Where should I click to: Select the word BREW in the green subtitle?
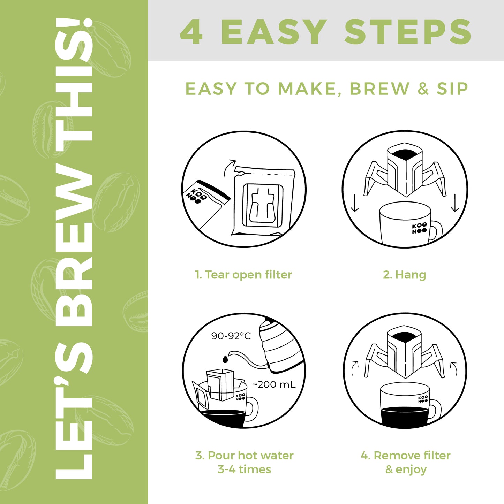379,89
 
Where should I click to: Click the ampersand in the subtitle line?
423,89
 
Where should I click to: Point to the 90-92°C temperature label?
231,336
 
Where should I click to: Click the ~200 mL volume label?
274,384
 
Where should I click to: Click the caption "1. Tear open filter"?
243,275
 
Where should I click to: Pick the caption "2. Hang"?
405,275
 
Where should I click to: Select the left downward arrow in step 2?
355,203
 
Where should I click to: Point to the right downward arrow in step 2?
455,203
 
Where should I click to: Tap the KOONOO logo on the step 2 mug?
419,228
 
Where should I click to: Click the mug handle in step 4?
436,410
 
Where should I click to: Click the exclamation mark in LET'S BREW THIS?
74,23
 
